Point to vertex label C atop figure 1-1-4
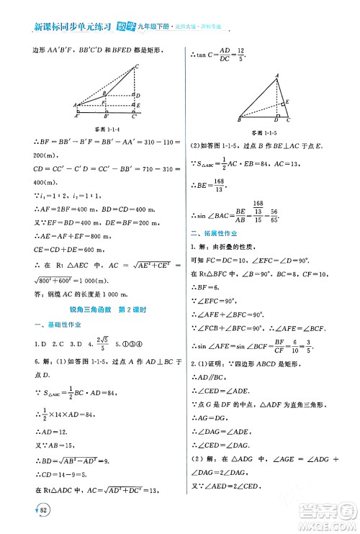[137, 67]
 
